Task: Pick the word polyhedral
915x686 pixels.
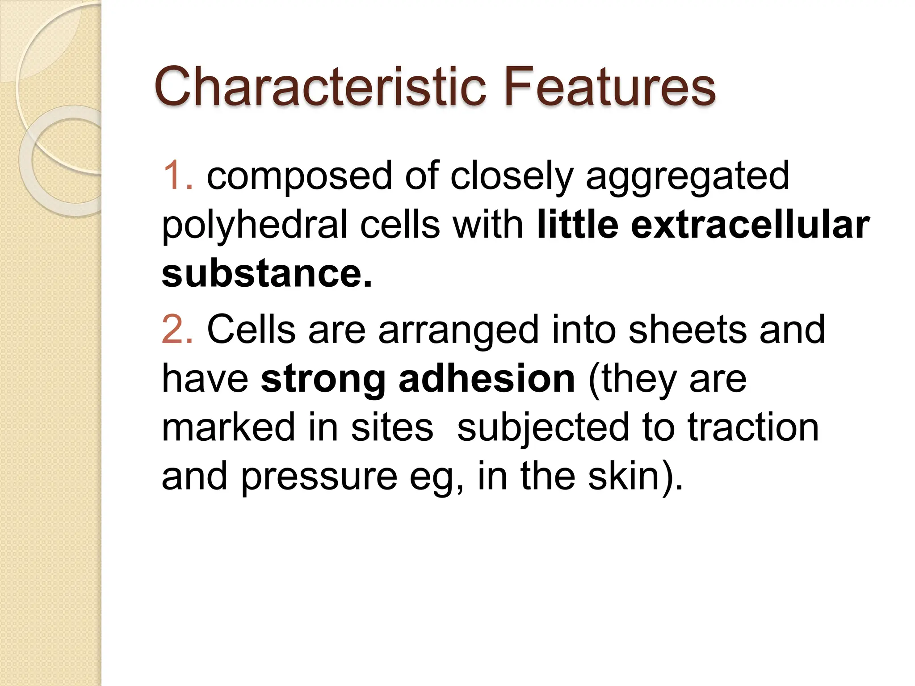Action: coord(254,225)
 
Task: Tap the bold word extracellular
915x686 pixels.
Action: coord(750,225)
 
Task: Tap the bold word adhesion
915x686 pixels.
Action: coord(487,379)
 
